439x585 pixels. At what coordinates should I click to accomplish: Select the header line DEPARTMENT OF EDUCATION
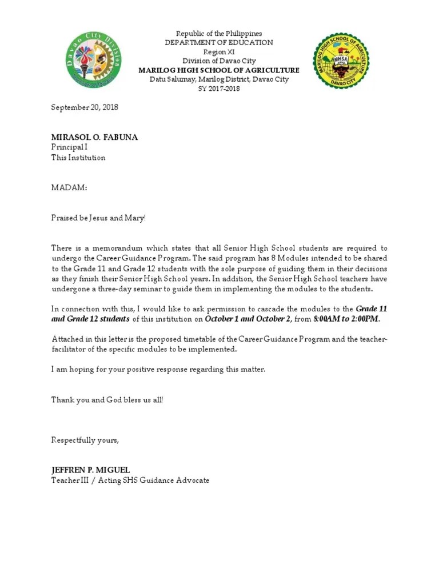click(x=219, y=43)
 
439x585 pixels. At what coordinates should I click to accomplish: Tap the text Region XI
click(x=219, y=52)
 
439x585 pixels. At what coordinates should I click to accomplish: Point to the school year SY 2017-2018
click(x=219, y=89)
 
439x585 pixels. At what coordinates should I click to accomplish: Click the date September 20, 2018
click(x=85, y=107)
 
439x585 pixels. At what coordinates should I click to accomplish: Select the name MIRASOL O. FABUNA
click(x=95, y=138)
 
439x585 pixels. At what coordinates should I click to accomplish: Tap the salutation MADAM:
click(x=69, y=187)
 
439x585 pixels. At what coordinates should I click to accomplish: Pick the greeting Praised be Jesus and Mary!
click(x=99, y=218)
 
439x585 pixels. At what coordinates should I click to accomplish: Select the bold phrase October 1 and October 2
click(x=248, y=319)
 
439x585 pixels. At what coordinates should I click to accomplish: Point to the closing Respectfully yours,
click(x=86, y=440)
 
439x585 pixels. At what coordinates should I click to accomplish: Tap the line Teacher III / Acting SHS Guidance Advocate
click(x=130, y=480)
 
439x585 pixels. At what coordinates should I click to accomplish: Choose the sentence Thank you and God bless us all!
click(x=107, y=399)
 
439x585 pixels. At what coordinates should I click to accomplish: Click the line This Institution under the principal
click(x=78, y=158)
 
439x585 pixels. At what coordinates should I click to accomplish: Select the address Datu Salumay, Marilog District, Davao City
click(x=219, y=79)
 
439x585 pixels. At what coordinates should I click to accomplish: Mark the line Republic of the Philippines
click(x=219, y=34)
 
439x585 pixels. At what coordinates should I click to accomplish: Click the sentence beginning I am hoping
click(x=158, y=370)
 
